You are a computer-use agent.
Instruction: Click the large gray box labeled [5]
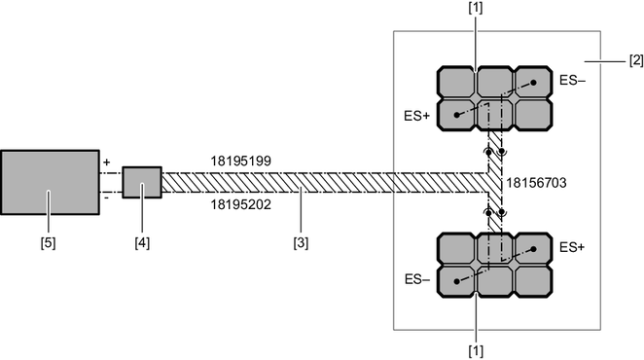coord(50,183)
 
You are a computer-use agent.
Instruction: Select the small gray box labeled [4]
coord(142,183)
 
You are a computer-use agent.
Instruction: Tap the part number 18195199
coord(241,162)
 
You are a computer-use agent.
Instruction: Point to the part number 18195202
coord(241,204)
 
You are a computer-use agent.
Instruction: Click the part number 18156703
coord(536,183)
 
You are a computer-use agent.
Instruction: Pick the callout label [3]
coord(301,243)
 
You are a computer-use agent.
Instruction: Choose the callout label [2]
coord(636,60)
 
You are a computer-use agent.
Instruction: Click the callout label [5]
coord(48,243)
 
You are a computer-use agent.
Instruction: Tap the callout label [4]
coord(142,243)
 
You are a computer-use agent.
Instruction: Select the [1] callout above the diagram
coord(476,8)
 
